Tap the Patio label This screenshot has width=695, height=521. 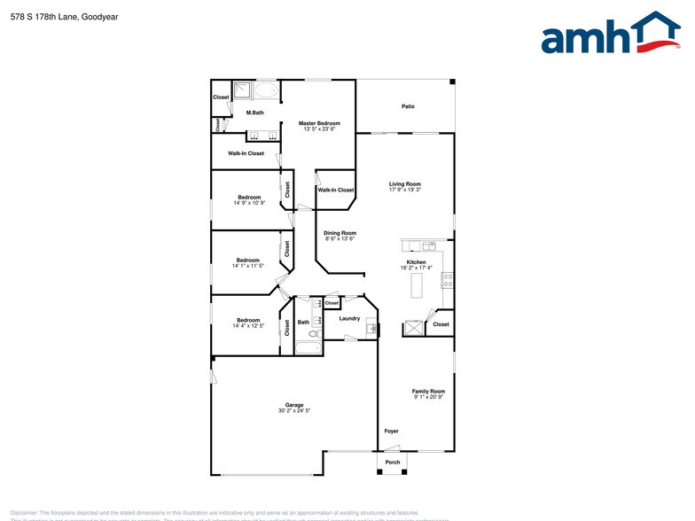408,106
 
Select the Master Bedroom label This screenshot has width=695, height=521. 319,123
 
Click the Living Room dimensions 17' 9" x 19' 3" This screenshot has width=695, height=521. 405,190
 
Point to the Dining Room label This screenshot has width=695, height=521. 340,233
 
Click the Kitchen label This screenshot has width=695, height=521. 417,262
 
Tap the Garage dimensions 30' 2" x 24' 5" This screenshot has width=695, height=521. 294,411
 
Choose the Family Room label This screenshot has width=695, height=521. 428,391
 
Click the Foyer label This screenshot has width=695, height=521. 391,432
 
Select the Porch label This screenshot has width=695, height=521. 392,463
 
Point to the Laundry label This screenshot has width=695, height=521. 349,319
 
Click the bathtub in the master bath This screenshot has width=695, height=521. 265,91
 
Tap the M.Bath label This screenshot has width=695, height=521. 255,113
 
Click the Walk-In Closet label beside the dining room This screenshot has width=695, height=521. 336,190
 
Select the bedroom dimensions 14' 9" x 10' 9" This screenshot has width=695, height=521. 249,203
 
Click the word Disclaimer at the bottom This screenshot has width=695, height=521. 24,512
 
